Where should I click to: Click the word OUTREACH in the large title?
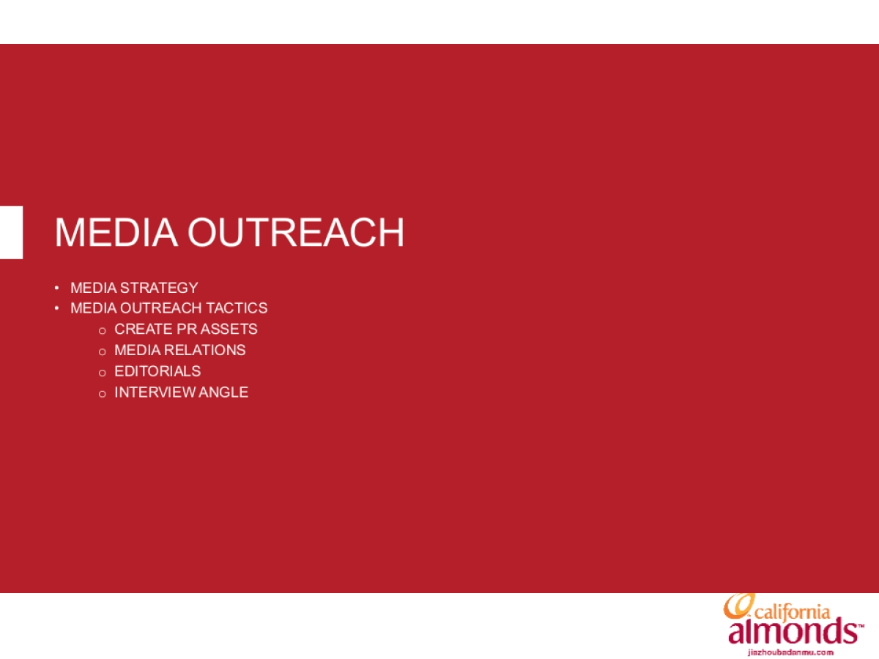point(295,233)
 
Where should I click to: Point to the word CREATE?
point(144,329)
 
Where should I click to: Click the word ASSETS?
point(229,329)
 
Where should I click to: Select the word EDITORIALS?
point(157,371)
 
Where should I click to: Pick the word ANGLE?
point(224,392)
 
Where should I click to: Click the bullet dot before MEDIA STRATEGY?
point(56,288)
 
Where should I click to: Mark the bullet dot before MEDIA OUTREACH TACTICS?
point(56,308)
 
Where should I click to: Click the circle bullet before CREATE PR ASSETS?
point(103,331)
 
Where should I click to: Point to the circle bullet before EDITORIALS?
point(103,373)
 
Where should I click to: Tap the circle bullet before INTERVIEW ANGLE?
point(103,394)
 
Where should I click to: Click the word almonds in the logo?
point(791,632)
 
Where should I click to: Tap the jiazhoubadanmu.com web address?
point(791,651)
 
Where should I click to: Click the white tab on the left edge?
point(11,232)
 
